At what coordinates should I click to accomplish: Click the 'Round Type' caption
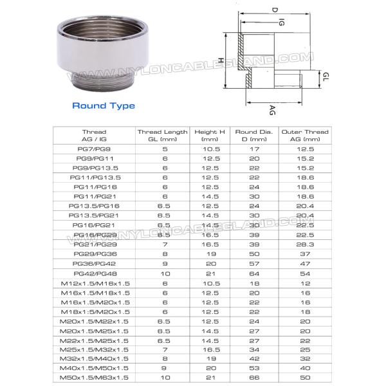point(103,106)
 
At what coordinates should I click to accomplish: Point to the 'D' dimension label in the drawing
point(256,10)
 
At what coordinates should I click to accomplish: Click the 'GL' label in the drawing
point(326,76)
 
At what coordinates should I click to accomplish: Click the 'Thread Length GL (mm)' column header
point(162,135)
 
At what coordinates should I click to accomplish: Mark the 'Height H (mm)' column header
point(210,135)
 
